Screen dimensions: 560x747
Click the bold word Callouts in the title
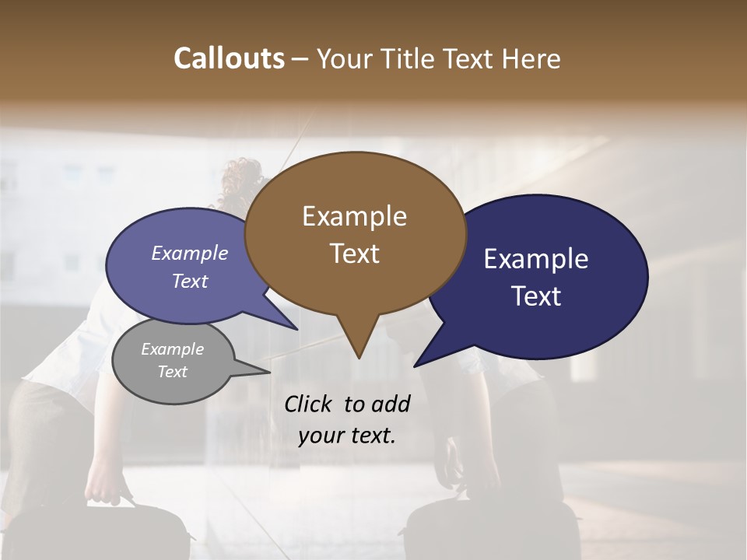pos(229,58)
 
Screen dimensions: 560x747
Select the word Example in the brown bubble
pos(354,216)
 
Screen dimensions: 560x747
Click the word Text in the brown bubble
pos(354,254)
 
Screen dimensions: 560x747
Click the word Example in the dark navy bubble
pos(536,259)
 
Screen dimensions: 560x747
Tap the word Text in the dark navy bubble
pos(536,296)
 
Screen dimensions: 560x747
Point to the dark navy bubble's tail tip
pos(415,366)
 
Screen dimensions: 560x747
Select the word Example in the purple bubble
pos(190,254)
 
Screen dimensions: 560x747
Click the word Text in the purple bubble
pos(190,282)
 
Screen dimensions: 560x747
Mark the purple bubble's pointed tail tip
pos(297,329)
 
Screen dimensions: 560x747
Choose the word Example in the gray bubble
pos(172,349)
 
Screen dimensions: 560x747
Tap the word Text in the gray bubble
pos(172,372)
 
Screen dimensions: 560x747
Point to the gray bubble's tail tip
pos(270,372)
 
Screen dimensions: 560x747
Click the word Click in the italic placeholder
pos(310,404)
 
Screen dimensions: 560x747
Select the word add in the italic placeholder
pos(391,404)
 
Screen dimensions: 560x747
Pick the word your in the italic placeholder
pos(319,436)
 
